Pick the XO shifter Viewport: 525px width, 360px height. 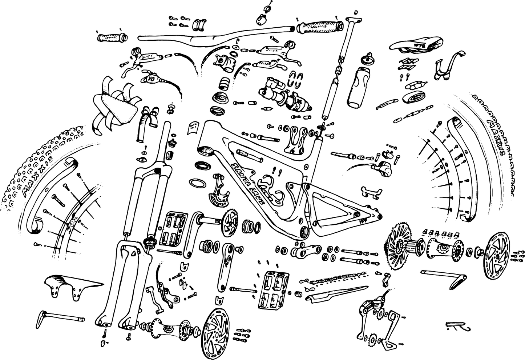(151, 78)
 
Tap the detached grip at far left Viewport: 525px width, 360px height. (112, 37)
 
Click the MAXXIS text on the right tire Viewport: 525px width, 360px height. (500, 138)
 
